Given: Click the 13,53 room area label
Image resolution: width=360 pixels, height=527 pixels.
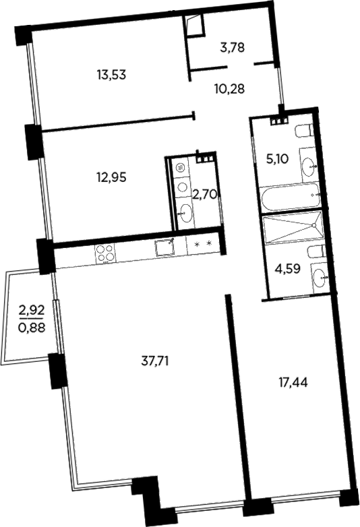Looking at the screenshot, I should click(112, 75).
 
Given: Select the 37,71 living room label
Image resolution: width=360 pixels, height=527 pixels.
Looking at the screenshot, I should click(154, 361).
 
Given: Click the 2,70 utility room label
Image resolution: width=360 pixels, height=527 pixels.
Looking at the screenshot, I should click(204, 195).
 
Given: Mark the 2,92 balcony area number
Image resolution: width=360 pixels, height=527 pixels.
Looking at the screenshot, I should click(31, 311).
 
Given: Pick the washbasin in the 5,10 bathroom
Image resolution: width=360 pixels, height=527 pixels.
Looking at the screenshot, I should click(309, 162).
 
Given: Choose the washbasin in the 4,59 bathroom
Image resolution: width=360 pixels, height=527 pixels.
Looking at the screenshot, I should click(320, 276).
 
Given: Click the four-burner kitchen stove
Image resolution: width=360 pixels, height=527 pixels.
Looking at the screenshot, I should click(104, 253).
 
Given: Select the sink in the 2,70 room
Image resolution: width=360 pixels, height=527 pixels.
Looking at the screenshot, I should click(183, 214).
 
